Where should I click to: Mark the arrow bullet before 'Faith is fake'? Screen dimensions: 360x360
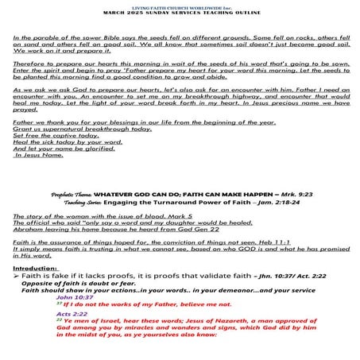tap(17, 276)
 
